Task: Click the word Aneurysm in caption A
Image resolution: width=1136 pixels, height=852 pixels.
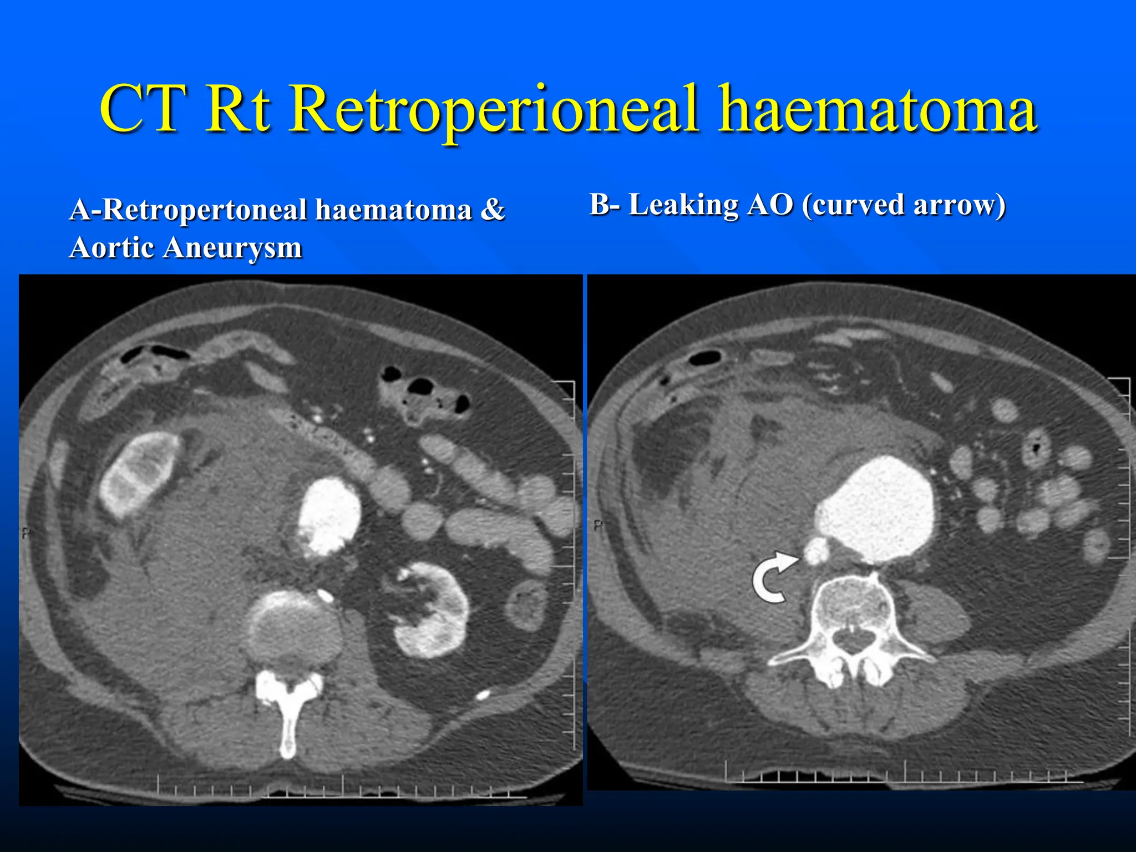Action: coord(232,247)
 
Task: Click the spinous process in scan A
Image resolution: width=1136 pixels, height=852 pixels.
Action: coord(287,721)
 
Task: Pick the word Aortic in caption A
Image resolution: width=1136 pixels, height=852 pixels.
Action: coord(111,247)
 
